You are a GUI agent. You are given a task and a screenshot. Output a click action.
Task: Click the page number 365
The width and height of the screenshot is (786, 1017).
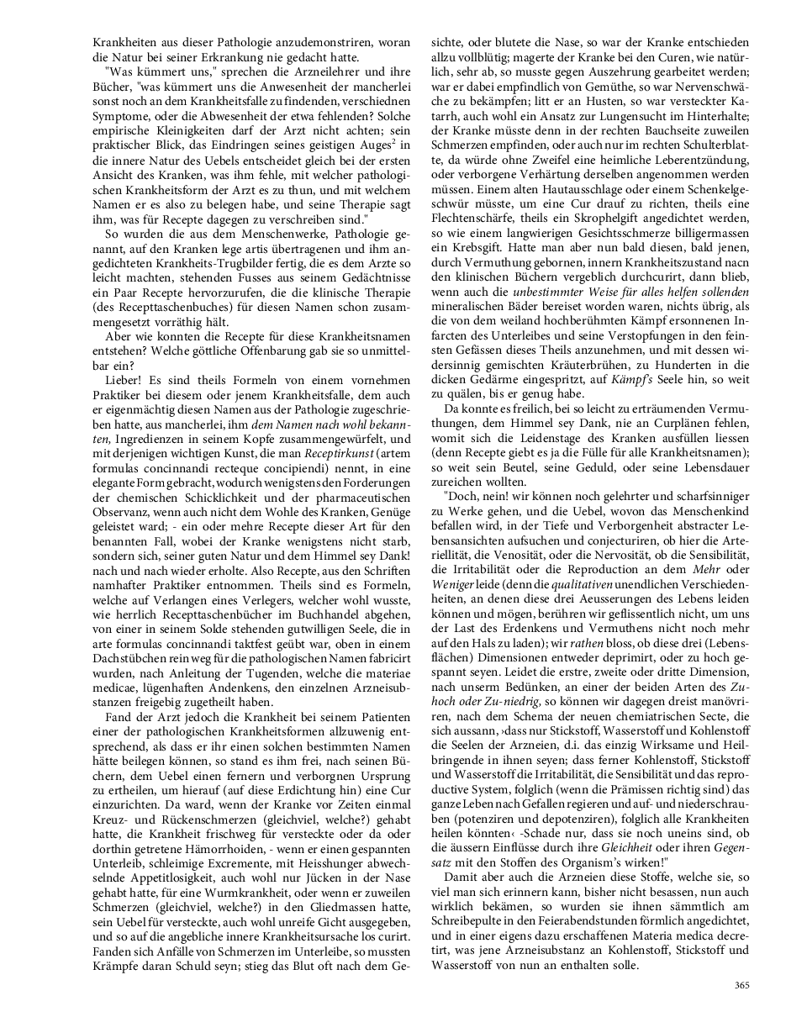741,985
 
